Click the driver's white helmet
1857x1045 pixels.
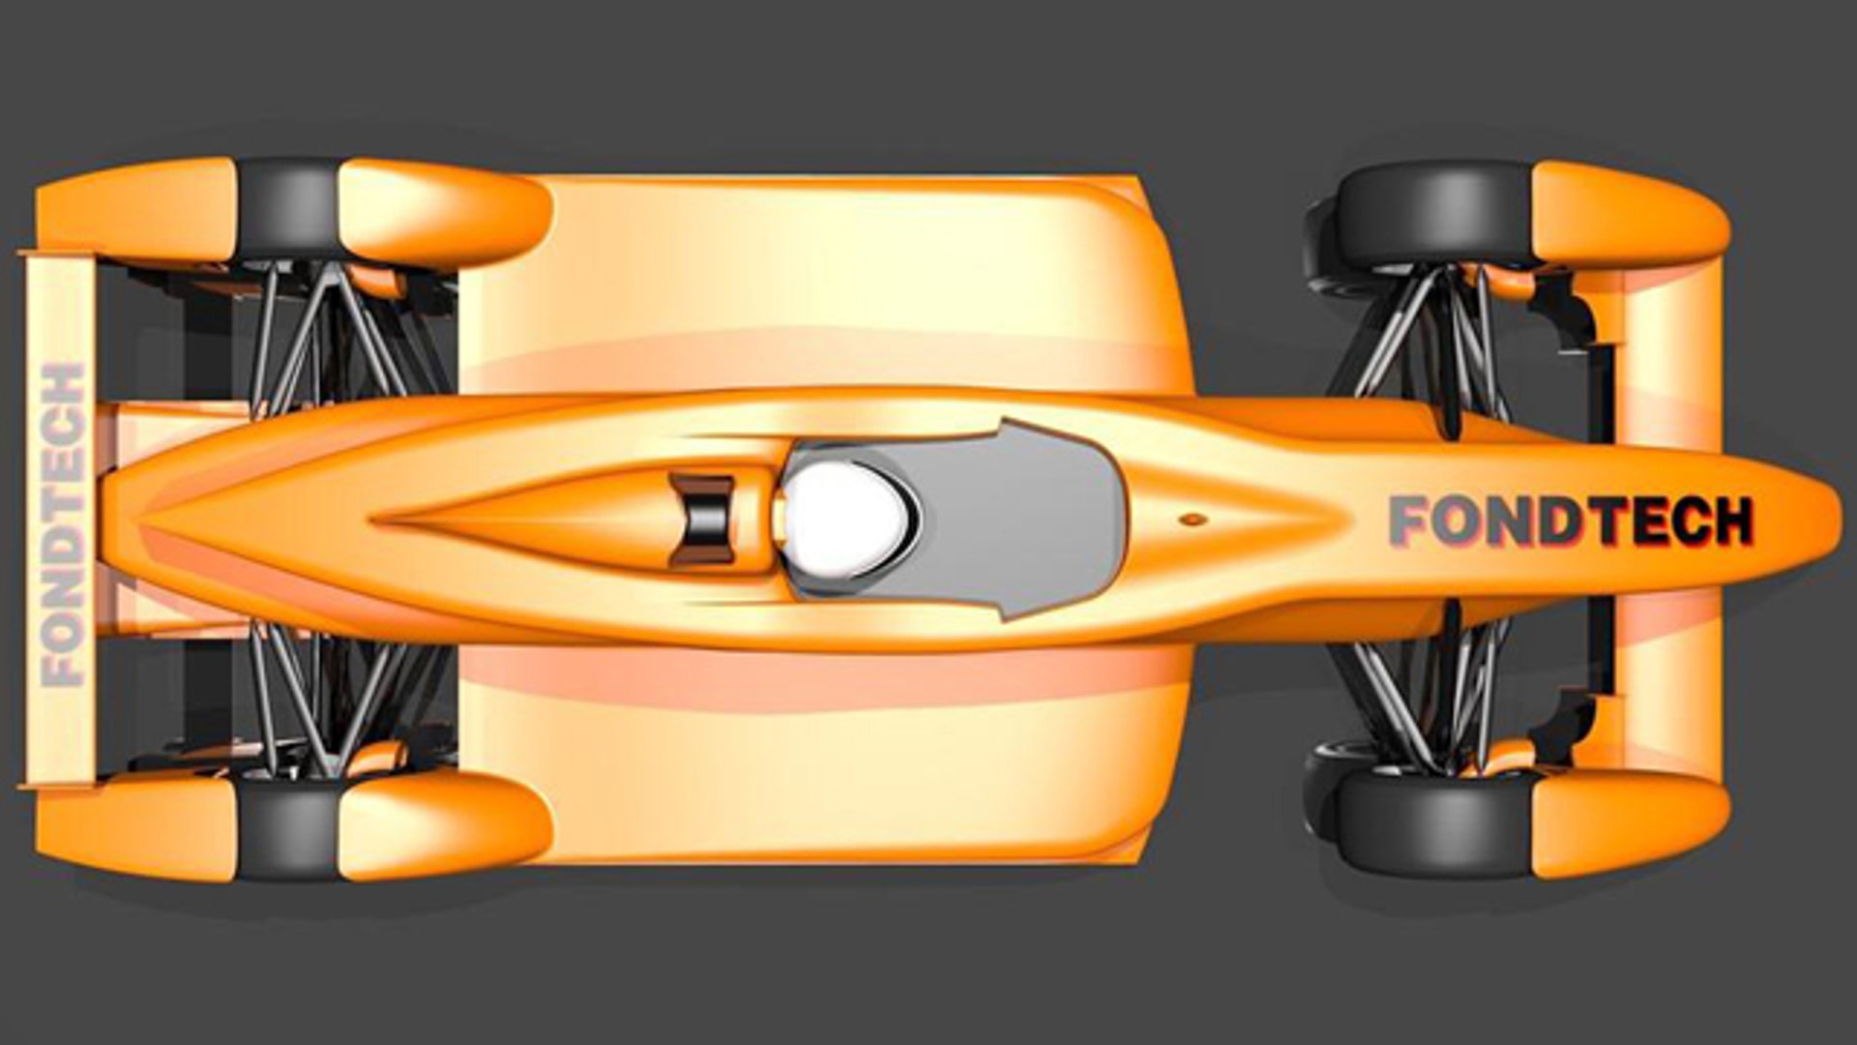pyautogui.click(x=844, y=516)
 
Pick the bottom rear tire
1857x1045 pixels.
pyautogui.click(x=288, y=828)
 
